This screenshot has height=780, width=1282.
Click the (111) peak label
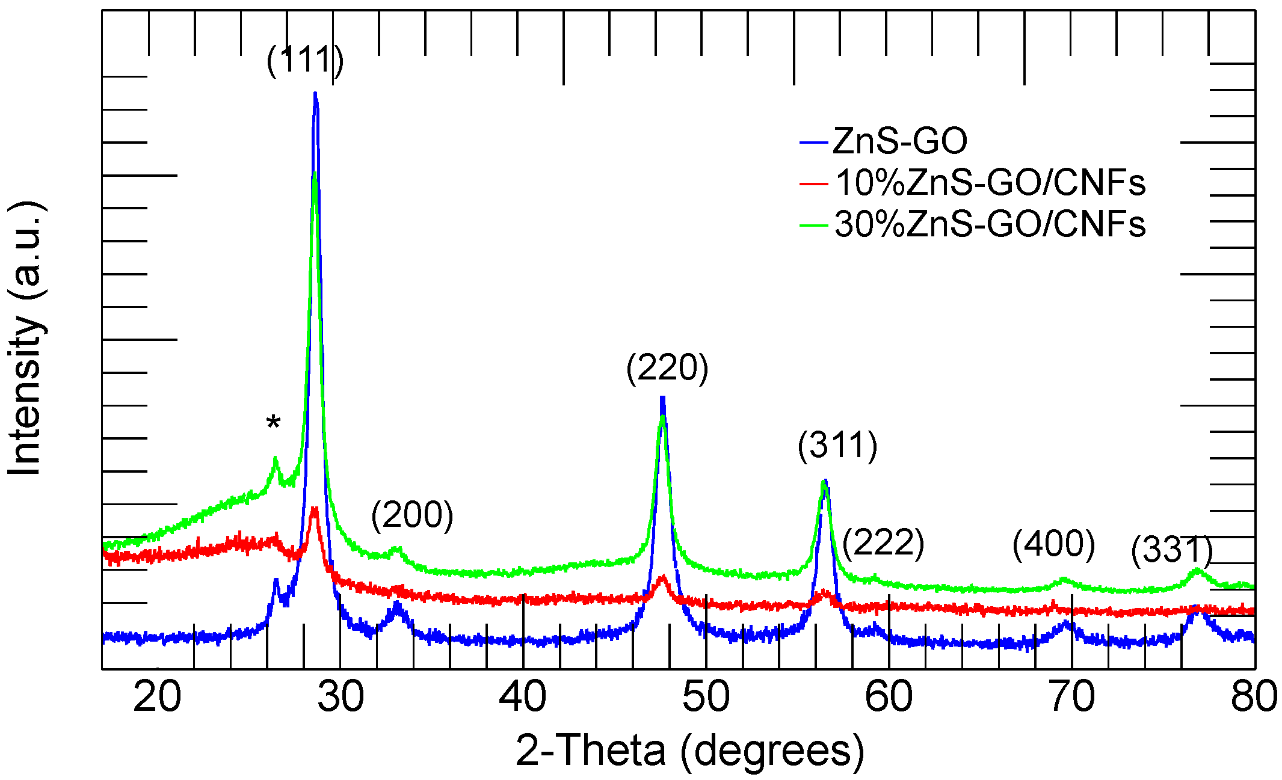pos(305,60)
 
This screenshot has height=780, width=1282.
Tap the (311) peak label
pos(837,446)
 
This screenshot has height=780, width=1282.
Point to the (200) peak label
pos(412,515)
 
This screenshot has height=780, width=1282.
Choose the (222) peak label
pos(883,543)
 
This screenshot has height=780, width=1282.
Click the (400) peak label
pos(1053,544)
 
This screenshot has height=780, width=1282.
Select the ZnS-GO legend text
pos(900,141)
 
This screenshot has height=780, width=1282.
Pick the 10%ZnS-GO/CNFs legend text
pos(990,182)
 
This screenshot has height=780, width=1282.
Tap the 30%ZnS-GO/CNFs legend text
pos(990,224)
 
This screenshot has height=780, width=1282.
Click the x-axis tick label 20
pos(157,697)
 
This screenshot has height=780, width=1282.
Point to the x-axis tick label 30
pos(341,697)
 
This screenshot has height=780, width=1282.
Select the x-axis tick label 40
pos(523,697)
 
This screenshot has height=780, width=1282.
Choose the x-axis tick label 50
pos(706,697)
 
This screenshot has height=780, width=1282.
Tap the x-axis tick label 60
pos(889,697)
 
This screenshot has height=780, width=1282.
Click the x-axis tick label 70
pos(1072,697)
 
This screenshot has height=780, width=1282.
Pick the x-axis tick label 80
pos(1254,697)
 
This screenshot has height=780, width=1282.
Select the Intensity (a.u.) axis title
pos(25,338)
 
